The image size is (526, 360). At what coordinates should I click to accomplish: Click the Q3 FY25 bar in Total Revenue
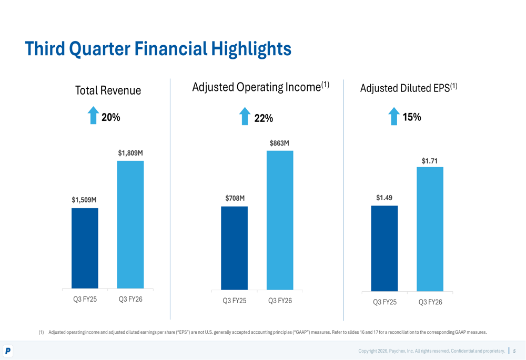[x=85, y=248]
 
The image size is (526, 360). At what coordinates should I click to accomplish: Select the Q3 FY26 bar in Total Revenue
[x=130, y=224]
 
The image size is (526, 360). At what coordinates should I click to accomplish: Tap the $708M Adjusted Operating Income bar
[x=234, y=248]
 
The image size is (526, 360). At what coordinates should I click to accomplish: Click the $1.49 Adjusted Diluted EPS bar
[x=385, y=248]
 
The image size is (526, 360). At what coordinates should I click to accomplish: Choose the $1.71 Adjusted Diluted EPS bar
[x=430, y=229]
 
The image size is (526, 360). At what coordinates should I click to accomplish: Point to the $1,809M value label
[x=130, y=153]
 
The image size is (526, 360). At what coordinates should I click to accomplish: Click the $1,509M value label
[x=85, y=200]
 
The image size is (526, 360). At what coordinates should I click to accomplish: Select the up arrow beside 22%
[x=245, y=116]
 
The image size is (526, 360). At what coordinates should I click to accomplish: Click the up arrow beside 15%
[x=394, y=116]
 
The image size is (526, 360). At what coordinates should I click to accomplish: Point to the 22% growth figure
[x=264, y=118]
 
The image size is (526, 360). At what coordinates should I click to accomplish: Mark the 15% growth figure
[x=412, y=118]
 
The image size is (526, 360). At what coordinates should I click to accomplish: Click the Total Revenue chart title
[x=108, y=90]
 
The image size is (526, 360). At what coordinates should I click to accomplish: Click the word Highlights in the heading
[x=251, y=49]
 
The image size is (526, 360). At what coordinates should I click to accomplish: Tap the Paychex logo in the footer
[x=8, y=351]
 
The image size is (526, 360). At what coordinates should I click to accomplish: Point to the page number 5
[x=514, y=351]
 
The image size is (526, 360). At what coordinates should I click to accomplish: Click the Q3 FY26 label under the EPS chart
[x=430, y=302]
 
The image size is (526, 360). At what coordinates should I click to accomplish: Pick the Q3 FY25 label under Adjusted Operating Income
[x=235, y=301]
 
